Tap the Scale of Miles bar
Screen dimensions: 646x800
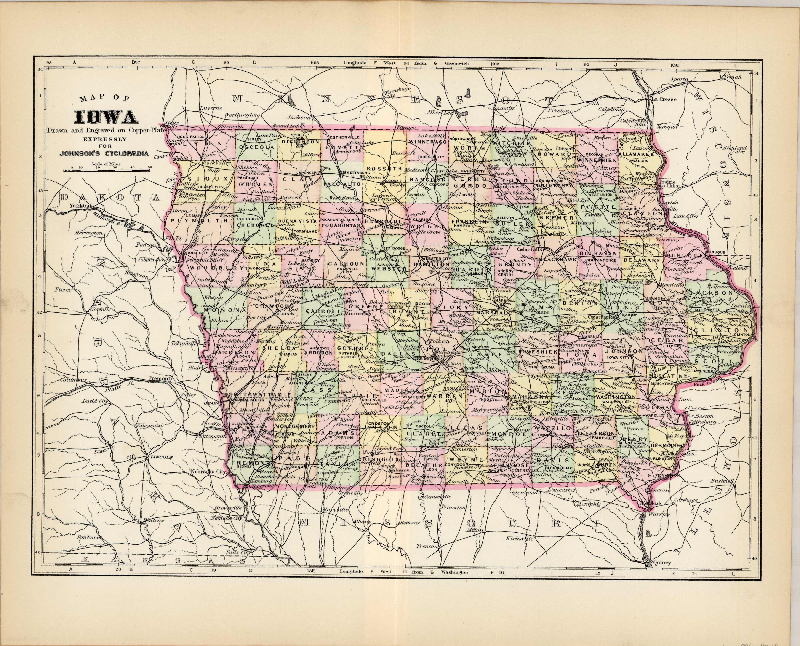108,170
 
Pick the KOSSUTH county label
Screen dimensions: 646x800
384,169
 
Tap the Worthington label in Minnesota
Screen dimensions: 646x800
241,115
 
